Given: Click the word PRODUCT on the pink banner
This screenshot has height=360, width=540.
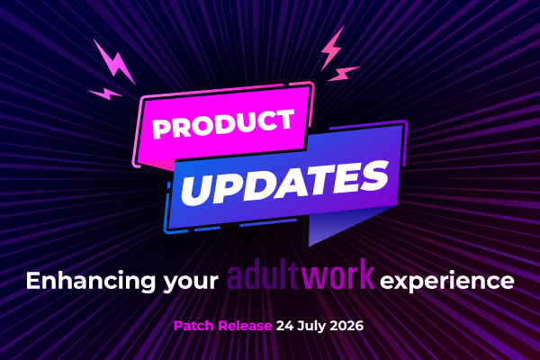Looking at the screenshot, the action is click(x=223, y=123).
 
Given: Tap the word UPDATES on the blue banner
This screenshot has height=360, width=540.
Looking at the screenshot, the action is click(x=285, y=184).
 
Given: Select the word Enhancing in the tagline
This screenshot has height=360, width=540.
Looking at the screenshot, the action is click(x=90, y=281).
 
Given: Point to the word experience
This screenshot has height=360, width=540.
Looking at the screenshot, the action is click(x=447, y=282).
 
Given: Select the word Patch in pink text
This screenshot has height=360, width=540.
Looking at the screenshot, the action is click(x=193, y=326).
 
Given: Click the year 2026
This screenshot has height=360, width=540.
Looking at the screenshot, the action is click(x=346, y=326).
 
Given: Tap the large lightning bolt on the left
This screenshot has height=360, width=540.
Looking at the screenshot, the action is click(x=114, y=63).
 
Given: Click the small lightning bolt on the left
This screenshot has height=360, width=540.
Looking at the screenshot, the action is click(x=105, y=94).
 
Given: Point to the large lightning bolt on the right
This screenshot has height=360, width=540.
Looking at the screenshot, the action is click(x=331, y=48).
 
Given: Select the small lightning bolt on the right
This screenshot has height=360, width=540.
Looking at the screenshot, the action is click(x=344, y=74).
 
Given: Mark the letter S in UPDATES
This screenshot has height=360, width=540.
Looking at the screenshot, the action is click(x=373, y=176).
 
